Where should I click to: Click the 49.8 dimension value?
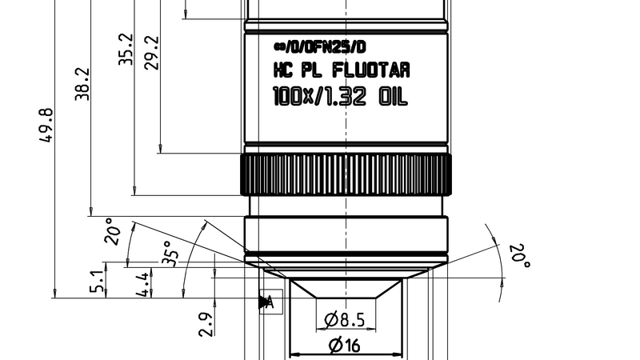(x=46, y=126)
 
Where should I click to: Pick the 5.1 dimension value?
(x=98, y=282)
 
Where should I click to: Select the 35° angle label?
(x=170, y=253)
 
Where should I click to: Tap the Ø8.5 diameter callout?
(x=345, y=321)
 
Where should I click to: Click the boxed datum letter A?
(x=270, y=302)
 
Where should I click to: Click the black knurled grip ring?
(x=346, y=173)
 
